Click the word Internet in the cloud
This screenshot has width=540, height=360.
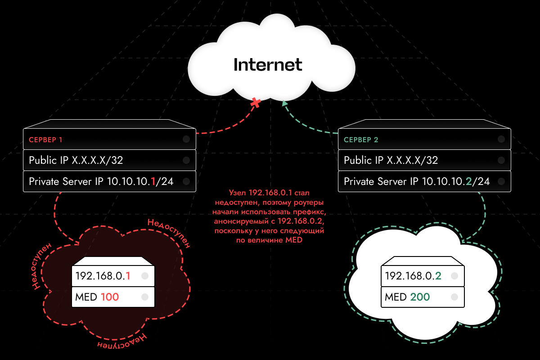268,65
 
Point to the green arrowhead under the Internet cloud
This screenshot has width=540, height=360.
284,103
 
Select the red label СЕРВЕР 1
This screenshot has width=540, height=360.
45,139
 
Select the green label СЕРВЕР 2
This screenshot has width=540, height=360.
361,139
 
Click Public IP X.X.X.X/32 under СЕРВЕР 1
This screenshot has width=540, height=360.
76,160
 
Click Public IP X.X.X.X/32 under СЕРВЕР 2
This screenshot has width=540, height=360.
391,160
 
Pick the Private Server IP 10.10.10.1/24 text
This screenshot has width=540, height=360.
101,181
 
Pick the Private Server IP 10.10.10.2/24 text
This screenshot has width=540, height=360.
417,181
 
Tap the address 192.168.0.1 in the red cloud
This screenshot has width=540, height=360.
103,276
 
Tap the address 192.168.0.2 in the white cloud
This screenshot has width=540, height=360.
412,276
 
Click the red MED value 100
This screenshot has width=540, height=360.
110,297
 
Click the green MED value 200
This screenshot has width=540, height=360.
420,297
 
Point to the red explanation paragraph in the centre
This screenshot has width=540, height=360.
270,216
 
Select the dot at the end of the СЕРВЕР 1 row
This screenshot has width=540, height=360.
186,139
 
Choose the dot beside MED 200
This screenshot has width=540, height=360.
454,297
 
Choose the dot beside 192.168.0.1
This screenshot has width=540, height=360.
145,276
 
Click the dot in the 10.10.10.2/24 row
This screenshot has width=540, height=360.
501,181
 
